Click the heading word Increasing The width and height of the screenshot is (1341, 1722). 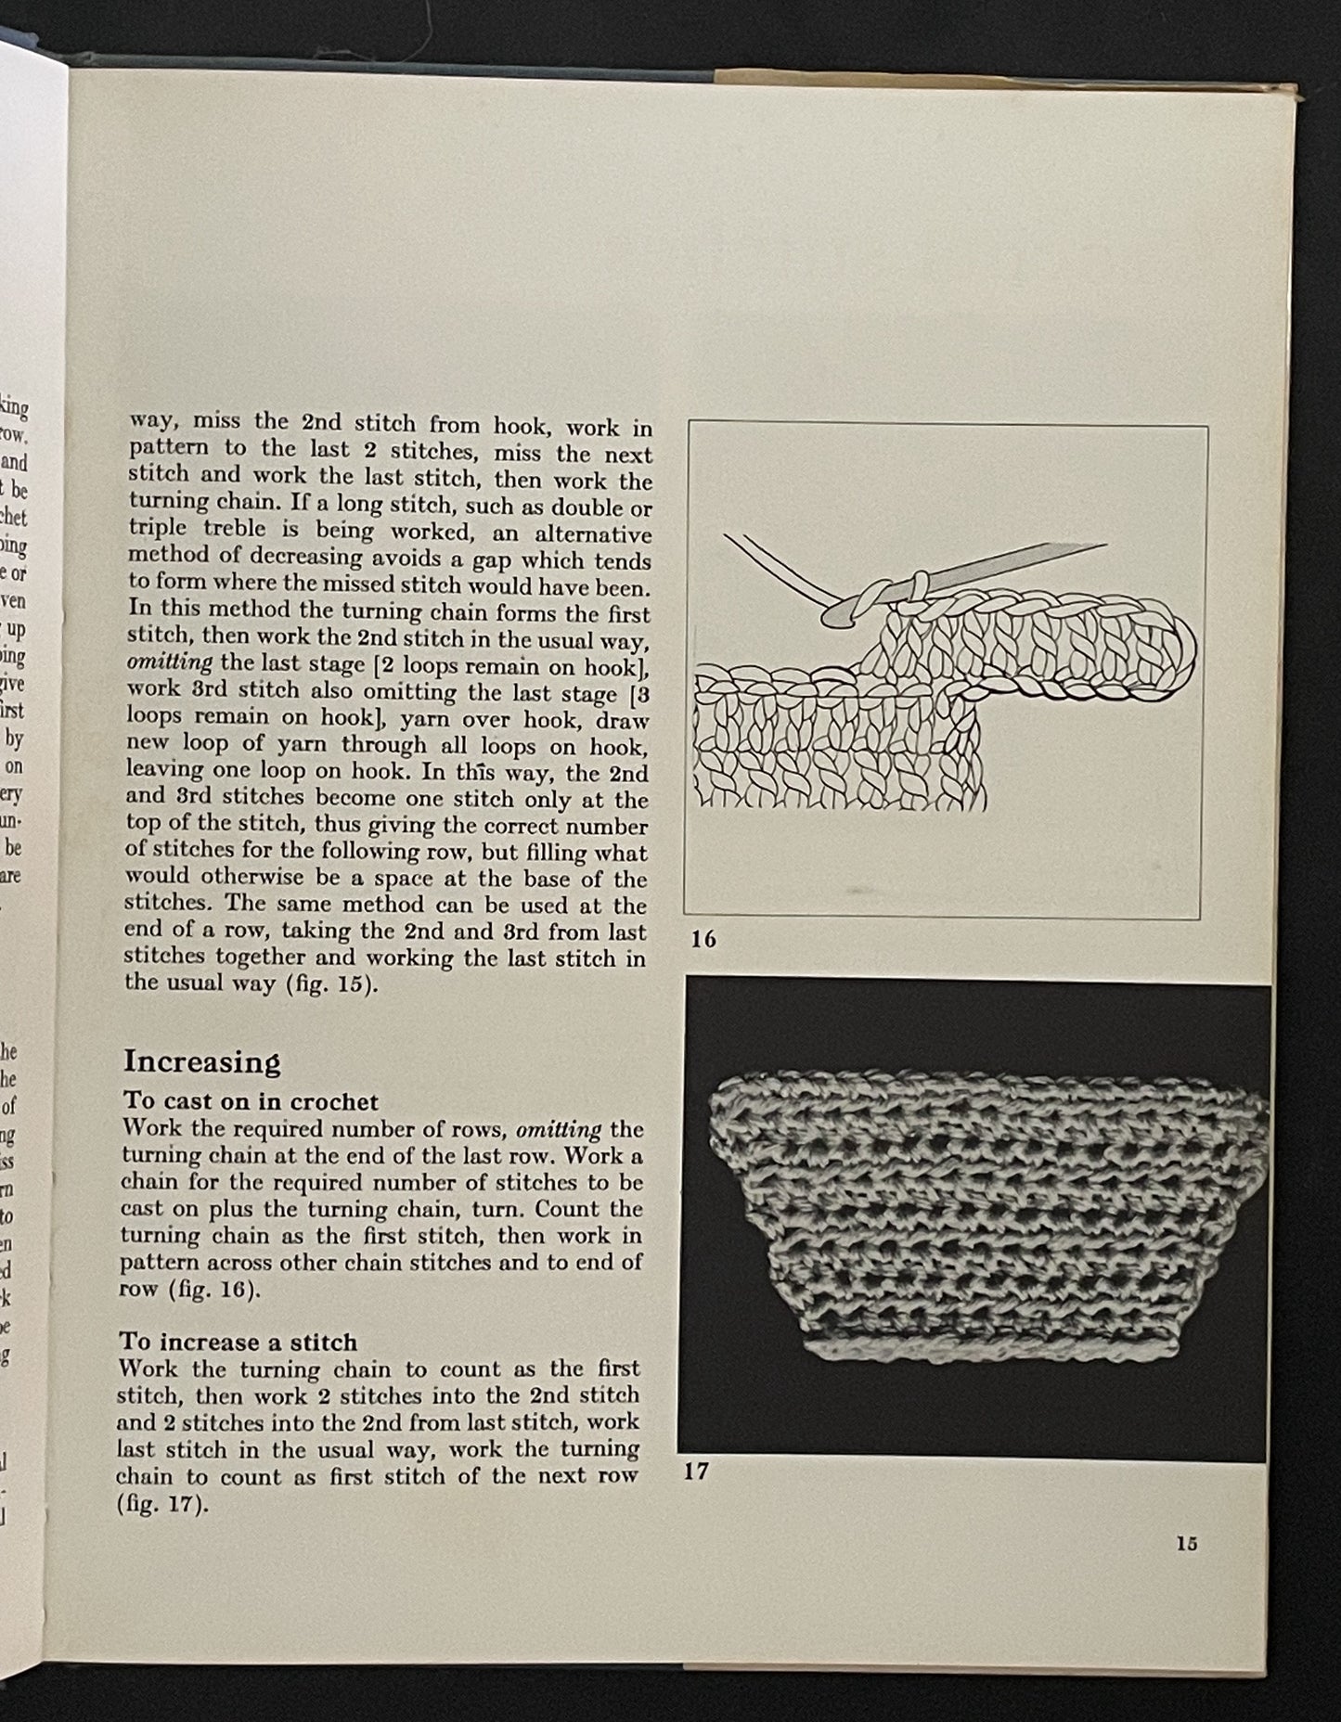201,1061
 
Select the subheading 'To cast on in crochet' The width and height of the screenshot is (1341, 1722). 251,1101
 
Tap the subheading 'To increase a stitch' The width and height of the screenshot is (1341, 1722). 238,1342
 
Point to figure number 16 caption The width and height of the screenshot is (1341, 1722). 703,940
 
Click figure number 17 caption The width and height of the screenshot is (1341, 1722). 696,1471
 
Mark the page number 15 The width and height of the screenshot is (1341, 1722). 1186,1544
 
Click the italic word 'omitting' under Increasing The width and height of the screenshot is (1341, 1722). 558,1129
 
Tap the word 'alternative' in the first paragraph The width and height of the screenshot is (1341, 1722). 595,534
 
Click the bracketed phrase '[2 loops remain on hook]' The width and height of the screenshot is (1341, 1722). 509,665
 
